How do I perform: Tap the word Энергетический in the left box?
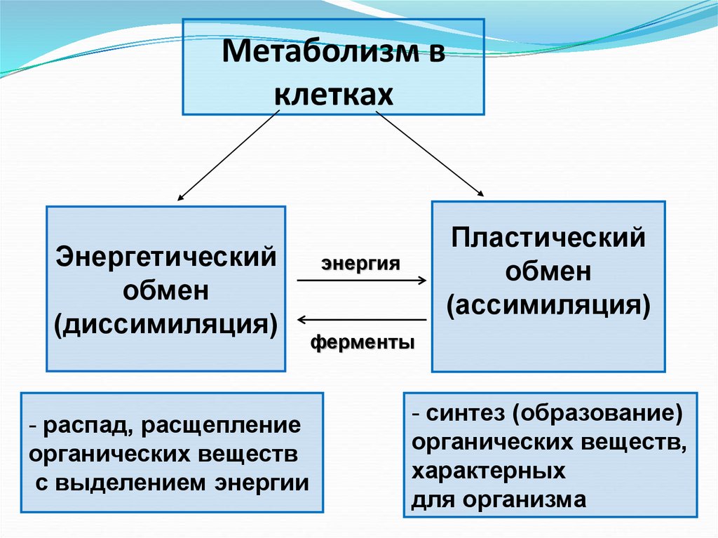(166, 256)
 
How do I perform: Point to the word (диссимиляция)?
(166, 325)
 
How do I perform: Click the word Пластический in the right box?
(548, 237)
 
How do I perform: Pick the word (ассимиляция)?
(548, 306)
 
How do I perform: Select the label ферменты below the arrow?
(363, 343)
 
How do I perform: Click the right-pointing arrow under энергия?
(362, 281)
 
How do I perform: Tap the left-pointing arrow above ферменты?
(362, 320)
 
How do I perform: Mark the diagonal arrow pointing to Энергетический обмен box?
(224, 155)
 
